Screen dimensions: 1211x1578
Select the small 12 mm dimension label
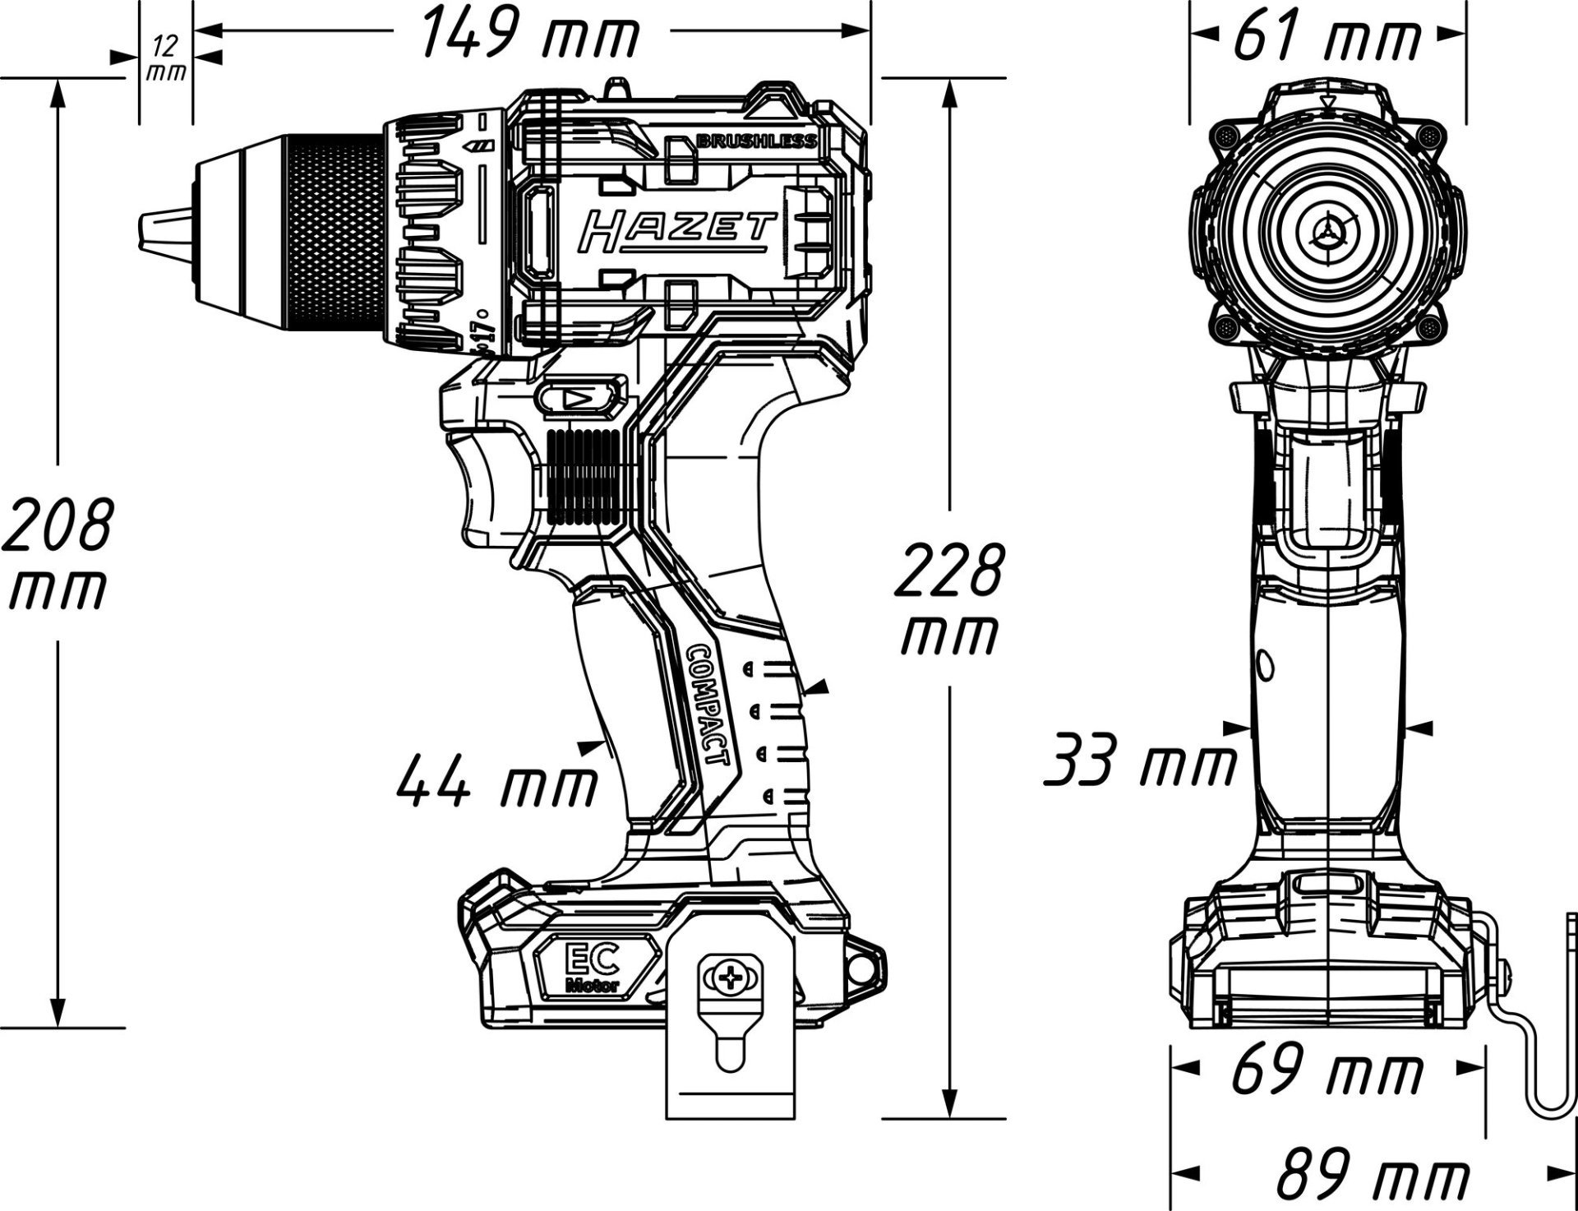click(x=166, y=58)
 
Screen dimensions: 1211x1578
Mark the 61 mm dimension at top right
click(x=1327, y=37)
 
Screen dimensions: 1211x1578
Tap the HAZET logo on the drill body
click(x=676, y=232)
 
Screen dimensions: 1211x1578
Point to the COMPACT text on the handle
click(x=707, y=704)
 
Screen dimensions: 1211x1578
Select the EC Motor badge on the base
click(x=591, y=971)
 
